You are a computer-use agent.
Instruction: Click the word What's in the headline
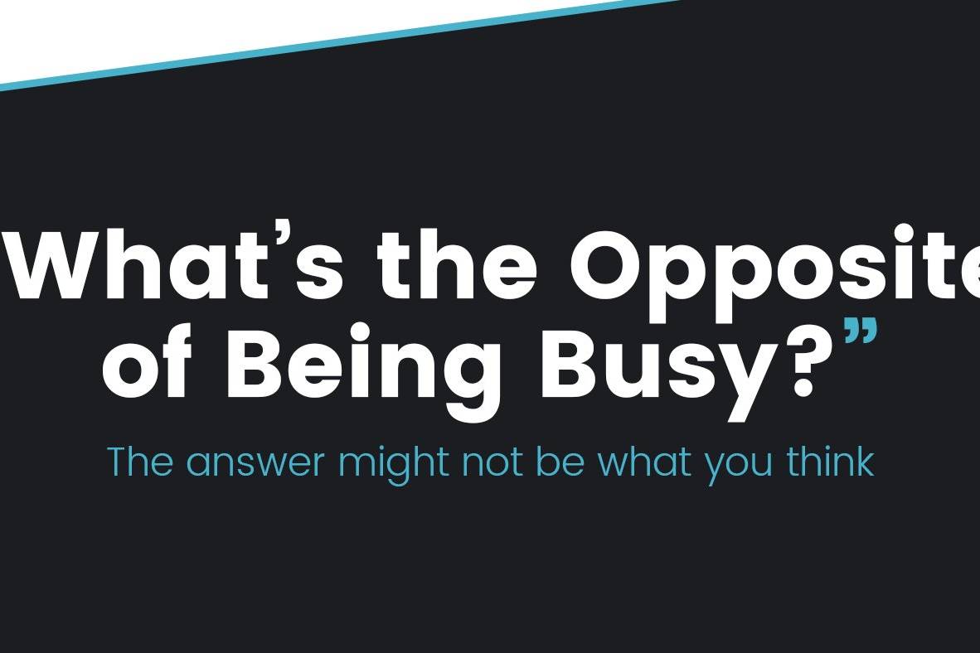coord(175,265)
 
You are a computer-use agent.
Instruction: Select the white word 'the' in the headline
coord(457,265)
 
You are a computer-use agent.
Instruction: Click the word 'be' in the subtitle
coord(560,462)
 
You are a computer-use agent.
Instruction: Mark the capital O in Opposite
coord(609,265)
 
